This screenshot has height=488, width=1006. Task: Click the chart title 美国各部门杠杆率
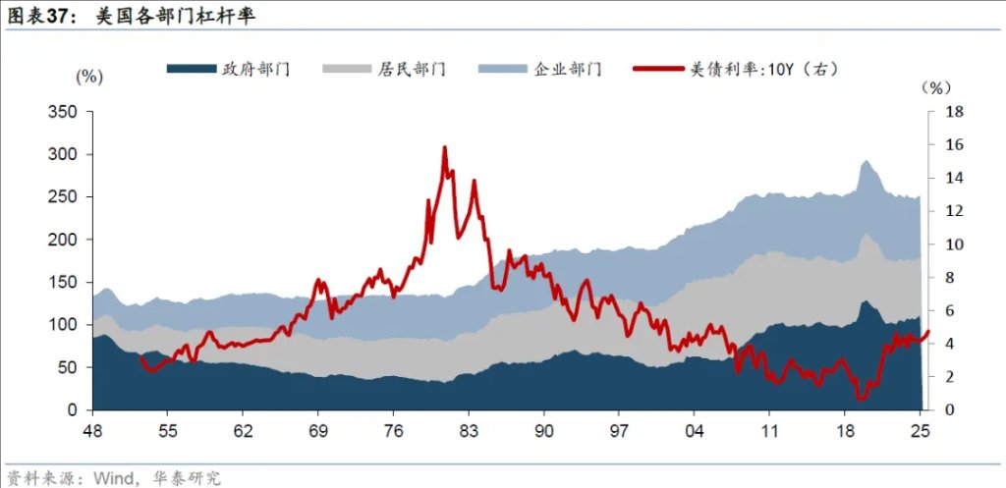coord(176,17)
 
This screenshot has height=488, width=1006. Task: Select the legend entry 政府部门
coord(228,69)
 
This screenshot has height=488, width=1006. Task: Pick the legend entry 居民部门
coord(384,69)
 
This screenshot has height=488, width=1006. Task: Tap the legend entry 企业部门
coord(540,69)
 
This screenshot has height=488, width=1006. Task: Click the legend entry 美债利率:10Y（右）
coord(737,69)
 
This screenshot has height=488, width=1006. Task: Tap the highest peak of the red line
coord(444,147)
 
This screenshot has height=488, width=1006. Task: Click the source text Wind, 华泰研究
coord(156,478)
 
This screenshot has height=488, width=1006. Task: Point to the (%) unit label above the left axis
coord(89,77)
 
